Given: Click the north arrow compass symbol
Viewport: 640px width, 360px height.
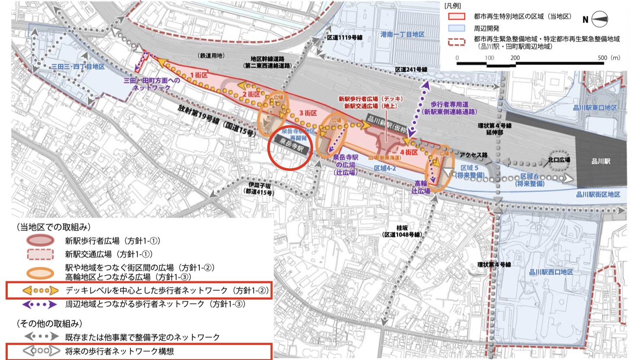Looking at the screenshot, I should point(600,19).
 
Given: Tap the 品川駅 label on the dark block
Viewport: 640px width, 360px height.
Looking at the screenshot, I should point(601,162).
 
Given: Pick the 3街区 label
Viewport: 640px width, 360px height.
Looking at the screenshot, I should point(308,113).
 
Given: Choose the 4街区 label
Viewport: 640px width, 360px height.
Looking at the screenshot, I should point(409,152).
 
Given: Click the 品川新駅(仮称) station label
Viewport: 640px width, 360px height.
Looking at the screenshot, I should point(387,124).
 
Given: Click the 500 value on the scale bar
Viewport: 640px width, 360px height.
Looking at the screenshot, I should point(602,57).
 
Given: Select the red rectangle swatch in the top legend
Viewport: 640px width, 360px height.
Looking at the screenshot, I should point(456,16).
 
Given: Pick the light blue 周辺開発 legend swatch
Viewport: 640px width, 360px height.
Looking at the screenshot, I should point(456,28).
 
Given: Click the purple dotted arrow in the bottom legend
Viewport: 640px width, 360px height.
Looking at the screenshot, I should point(40,304).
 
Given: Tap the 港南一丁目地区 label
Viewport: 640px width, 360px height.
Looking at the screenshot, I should point(402,34).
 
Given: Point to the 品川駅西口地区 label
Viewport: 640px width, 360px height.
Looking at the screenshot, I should point(551,272).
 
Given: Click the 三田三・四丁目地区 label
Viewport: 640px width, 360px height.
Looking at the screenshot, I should point(78,67).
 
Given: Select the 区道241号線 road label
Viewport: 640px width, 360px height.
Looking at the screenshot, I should point(411,70).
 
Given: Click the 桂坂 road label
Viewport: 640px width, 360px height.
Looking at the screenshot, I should point(402,228).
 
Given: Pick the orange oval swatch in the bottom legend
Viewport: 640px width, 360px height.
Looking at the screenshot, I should point(40,273).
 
